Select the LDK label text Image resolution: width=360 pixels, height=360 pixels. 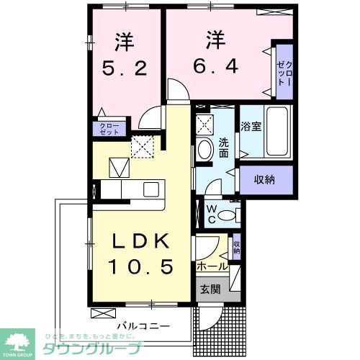[141, 242]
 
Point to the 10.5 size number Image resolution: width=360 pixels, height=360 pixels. [141, 267]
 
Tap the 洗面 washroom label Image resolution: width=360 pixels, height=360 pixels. [223, 147]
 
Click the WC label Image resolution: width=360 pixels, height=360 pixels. [214, 212]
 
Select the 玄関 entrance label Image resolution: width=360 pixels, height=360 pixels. [210, 290]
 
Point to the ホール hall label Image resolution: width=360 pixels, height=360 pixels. [212, 266]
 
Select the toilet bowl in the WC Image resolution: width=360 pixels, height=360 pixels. [229, 213]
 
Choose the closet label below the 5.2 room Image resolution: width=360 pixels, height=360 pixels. [110, 129]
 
